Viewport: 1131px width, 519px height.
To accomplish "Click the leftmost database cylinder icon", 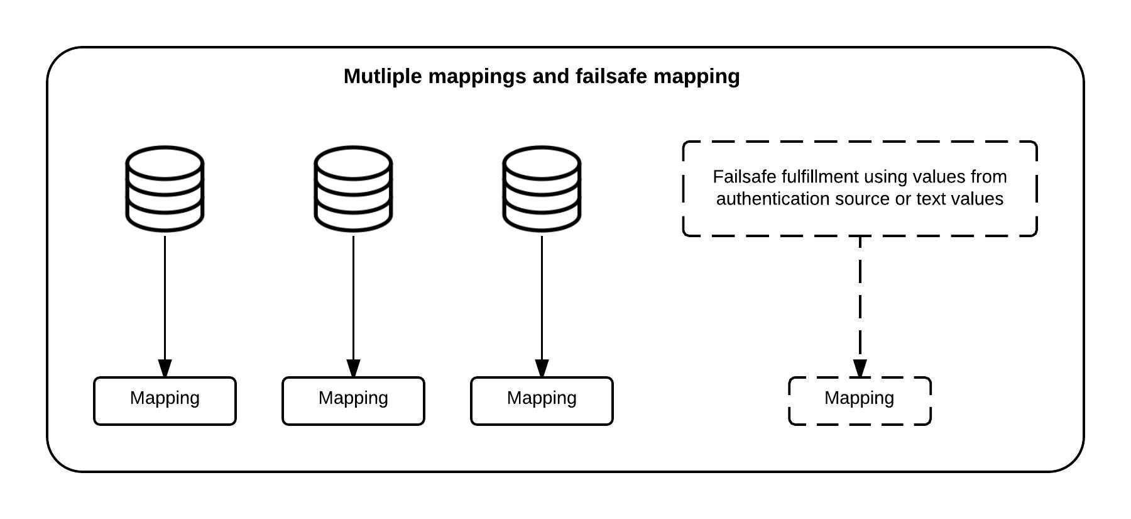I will [x=165, y=188].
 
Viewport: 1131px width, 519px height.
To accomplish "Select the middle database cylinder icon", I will [x=353, y=188].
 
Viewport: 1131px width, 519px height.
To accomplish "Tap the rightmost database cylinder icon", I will [x=542, y=188].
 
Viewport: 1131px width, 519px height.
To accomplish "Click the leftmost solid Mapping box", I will [x=165, y=401].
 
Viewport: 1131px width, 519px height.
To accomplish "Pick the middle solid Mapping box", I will [x=353, y=401].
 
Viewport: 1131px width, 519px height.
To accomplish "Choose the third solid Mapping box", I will [x=542, y=401].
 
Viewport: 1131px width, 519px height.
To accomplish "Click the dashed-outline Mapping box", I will [x=860, y=401].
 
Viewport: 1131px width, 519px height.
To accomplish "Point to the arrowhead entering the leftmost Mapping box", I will [x=165, y=369].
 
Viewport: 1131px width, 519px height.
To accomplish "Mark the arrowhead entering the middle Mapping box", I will [x=353, y=369].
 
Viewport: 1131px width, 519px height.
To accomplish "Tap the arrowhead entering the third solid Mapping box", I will [x=542, y=369].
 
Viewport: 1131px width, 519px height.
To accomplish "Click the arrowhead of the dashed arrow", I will [x=860, y=369].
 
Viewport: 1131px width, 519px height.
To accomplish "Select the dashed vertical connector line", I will [x=860, y=296].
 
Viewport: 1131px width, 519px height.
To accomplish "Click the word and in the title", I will [x=550, y=76].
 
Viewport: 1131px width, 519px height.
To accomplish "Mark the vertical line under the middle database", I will [x=353, y=296].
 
